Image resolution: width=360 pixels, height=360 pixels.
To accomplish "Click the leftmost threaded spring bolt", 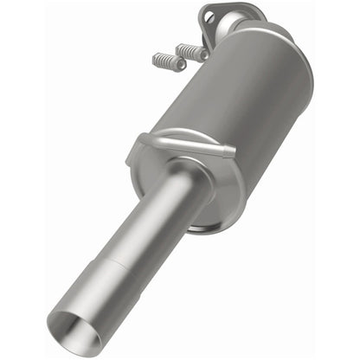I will (170, 61).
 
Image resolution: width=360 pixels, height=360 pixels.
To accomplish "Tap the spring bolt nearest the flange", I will (191, 52).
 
